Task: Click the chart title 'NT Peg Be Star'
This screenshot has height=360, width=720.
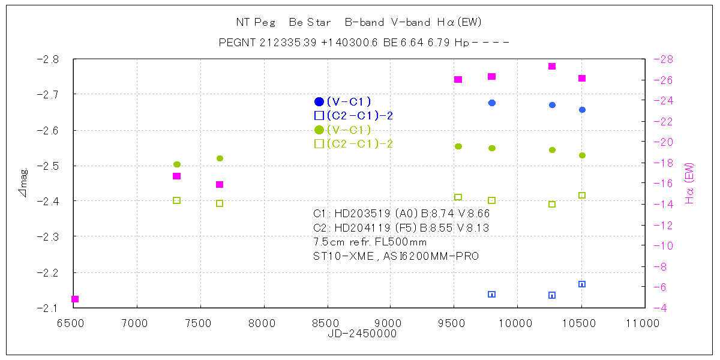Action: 283,23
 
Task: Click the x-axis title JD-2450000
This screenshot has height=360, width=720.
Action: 362,334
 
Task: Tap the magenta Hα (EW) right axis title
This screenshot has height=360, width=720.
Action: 689,184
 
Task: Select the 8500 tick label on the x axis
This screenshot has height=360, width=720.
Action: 327,323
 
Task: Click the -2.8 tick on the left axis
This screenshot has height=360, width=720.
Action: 48,59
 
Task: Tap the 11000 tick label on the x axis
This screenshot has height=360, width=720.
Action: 644,323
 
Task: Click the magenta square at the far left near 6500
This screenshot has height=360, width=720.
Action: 75,299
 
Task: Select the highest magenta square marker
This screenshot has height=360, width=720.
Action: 552,67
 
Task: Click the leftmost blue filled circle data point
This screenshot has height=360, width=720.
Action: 492,103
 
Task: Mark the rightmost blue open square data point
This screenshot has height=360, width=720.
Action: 581,284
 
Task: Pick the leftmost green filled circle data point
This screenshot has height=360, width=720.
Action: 177,164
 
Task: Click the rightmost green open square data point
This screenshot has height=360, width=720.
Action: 581,196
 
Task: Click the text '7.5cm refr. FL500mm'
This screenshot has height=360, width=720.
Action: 370,242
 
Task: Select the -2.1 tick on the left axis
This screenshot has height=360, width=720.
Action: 48,308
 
